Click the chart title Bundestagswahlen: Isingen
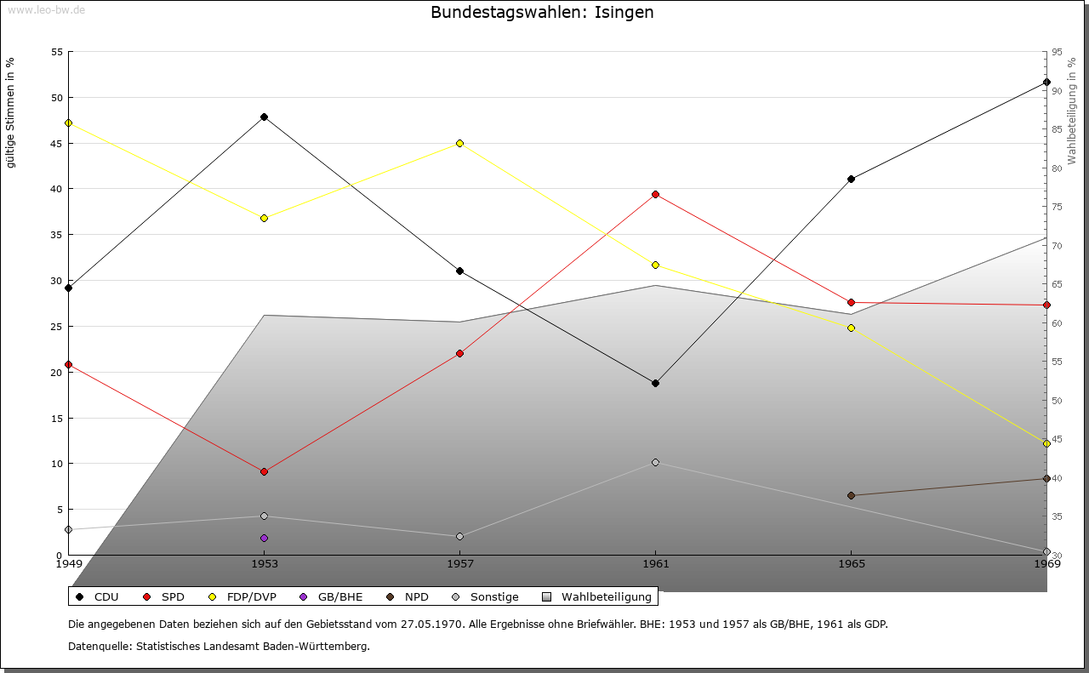pyautogui.click(x=542, y=12)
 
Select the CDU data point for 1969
pyautogui.click(x=1046, y=83)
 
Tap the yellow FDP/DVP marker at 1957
pyautogui.click(x=459, y=143)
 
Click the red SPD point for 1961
pyautogui.click(x=655, y=195)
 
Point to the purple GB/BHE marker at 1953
pyautogui.click(x=264, y=538)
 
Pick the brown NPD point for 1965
pyautogui.click(x=851, y=495)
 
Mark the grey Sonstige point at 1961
pyautogui.click(x=655, y=463)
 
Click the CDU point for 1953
pyautogui.click(x=264, y=117)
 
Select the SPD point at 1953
pyautogui.click(x=264, y=471)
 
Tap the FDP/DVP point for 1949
pyautogui.click(x=68, y=123)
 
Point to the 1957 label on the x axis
pyautogui.click(x=459, y=564)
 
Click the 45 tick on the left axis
pyautogui.click(x=57, y=143)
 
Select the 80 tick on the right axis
pyautogui.click(x=1057, y=168)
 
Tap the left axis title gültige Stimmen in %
pyautogui.click(x=10, y=113)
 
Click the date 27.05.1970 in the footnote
pyautogui.click(x=433, y=624)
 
